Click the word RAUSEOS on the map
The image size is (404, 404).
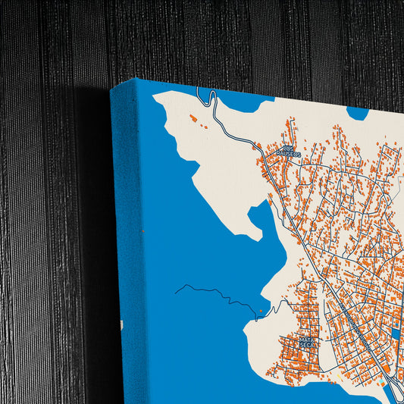(288, 154)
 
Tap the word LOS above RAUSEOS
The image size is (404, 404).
(288, 148)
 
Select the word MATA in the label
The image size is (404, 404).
(308, 340)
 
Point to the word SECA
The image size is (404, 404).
(308, 347)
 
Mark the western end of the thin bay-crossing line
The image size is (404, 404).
(175, 290)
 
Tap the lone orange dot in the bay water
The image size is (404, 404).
(261, 311)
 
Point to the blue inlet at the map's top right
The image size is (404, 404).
(357, 113)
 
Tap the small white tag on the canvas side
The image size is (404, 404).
(121, 324)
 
